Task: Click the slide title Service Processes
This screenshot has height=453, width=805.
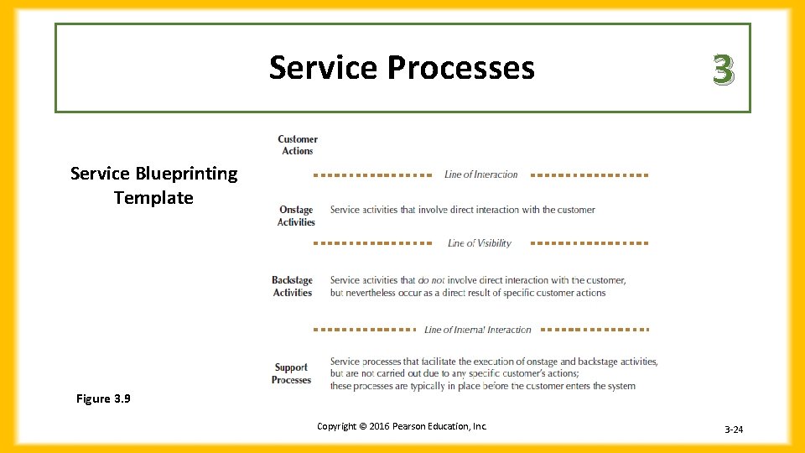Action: tap(401, 68)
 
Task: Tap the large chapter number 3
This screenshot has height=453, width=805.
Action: tap(723, 70)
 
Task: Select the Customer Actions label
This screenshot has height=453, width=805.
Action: tap(297, 145)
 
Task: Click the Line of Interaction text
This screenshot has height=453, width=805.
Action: tap(480, 174)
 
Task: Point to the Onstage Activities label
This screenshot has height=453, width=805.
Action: tap(296, 216)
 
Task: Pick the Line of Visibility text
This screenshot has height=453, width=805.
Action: tap(479, 243)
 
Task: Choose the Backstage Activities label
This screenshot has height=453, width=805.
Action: tap(292, 287)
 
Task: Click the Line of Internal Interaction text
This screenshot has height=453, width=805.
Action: tap(477, 330)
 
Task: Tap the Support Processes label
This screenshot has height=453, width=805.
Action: tap(291, 373)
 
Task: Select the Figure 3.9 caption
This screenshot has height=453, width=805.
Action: tap(103, 399)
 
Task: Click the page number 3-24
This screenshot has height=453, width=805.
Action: tap(734, 430)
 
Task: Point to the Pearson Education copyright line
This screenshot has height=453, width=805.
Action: tap(402, 426)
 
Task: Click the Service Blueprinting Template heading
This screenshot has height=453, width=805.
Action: tap(153, 185)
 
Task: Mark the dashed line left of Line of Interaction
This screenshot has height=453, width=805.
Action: tap(372, 175)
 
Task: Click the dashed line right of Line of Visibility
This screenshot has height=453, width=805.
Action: tap(589, 242)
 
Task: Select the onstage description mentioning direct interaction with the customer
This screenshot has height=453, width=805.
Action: tap(462, 210)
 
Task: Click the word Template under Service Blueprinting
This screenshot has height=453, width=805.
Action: tap(153, 198)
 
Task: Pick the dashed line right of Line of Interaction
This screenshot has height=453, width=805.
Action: tap(589, 175)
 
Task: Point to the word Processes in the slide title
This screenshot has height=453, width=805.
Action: tap(460, 68)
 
